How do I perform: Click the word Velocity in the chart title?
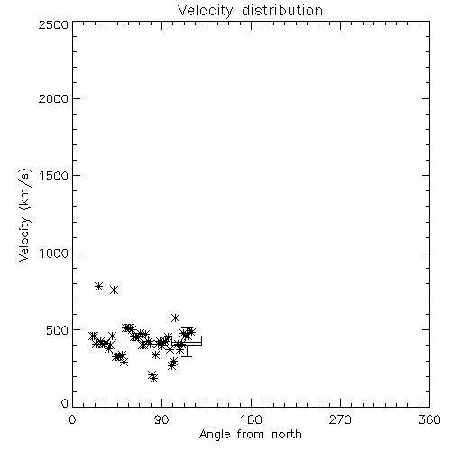pos(205,11)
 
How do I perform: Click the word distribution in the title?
pos(282,10)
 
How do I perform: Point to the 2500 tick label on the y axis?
pos(53,24)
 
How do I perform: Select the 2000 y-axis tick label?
pos(53,98)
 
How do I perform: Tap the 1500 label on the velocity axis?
pos(54,176)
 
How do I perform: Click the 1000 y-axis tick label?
pos(54,253)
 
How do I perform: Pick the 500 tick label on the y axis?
pos(58,330)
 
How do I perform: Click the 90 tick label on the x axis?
pos(161,419)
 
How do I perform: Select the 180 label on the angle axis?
pos(251,419)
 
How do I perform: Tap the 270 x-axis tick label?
pos(340,419)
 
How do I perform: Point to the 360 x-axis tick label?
pos(429,419)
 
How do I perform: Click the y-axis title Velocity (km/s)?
pos(24,215)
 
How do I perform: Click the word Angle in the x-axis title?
pos(215,435)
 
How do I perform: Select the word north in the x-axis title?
pos(287,435)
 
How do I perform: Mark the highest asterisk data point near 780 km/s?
pos(98,286)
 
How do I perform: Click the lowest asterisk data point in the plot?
pos(154,378)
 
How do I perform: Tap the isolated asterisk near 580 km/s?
pos(175,318)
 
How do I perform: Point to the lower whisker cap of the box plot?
pos(187,356)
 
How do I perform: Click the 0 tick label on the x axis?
pos(72,419)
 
